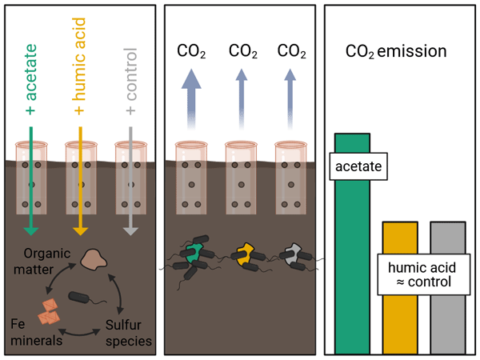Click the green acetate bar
tap(352, 264)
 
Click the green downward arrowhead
tap(31, 230)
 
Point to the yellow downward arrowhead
tap(80, 230)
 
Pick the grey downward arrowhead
tap(130, 230)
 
